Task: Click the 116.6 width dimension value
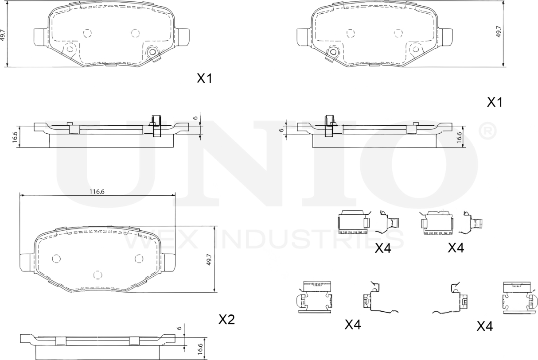coord(97,192)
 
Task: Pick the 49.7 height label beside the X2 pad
coord(208,259)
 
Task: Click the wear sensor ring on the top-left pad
coord(153,52)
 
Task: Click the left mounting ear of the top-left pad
coord(40,37)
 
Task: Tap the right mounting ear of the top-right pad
coord(446,37)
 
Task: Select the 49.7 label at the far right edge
coord(499,32)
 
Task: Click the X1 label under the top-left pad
coord(205,79)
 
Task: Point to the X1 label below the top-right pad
coord(495,102)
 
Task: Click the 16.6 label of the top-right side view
coord(460,137)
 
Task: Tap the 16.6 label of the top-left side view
coord(15,137)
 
